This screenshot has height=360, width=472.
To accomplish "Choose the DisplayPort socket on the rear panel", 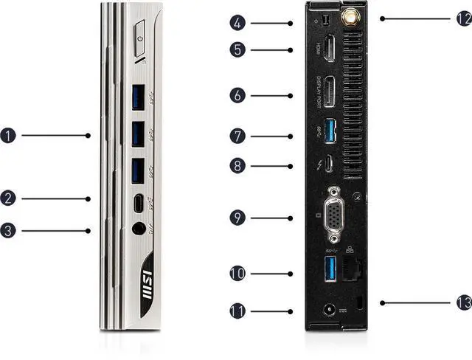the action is [330, 93].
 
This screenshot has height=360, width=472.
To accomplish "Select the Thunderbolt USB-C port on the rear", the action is [329, 164].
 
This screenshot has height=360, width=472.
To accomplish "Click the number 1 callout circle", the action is [9, 135].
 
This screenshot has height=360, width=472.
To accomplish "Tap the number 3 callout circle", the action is [9, 231].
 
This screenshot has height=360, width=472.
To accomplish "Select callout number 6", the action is [237, 95].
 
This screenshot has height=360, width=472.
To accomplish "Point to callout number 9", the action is [237, 218].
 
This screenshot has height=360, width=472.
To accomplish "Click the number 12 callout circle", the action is [463, 18].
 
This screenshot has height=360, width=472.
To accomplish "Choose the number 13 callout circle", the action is [463, 302].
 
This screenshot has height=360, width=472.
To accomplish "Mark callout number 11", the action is [237, 311].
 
